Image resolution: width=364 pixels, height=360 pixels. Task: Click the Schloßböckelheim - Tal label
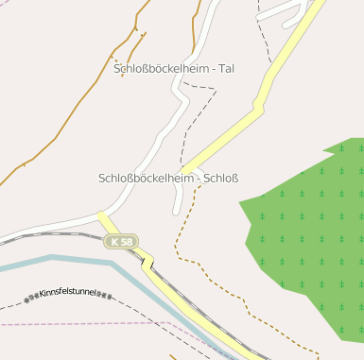click(174, 68)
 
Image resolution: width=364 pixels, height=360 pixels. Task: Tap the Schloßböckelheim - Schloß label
click(168, 178)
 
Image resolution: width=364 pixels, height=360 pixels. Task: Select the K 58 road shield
click(122, 242)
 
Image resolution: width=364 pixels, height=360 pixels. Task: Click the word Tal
click(226, 68)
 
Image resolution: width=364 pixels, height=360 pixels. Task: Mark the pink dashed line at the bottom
click(95, 324)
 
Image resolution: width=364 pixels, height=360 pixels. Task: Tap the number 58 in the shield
click(127, 242)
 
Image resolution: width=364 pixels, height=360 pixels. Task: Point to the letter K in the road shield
click(114, 242)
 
